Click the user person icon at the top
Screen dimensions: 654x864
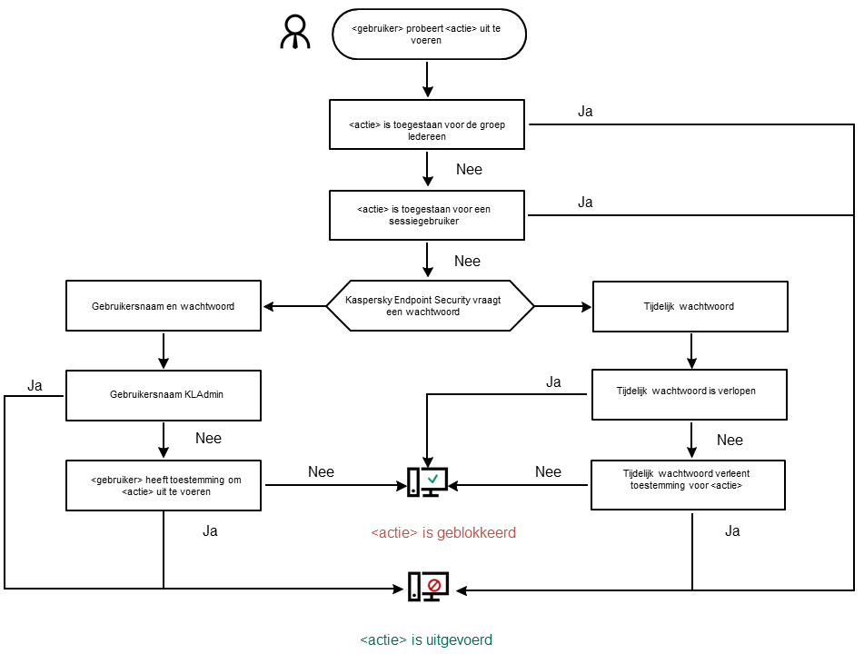pos(294,33)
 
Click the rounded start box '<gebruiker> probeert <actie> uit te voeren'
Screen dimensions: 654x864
pos(428,34)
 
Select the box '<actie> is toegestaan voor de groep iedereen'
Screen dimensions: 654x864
pos(426,124)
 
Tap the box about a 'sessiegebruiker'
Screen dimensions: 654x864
pos(426,215)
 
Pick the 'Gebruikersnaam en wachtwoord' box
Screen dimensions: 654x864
pos(164,306)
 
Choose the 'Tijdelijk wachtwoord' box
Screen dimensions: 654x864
pos(690,306)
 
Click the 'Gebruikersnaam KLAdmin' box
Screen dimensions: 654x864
pos(164,395)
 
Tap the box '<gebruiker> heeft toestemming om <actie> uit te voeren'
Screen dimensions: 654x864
pos(164,485)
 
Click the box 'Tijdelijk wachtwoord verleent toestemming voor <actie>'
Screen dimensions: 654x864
pos(688,485)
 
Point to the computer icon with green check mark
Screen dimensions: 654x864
pos(427,482)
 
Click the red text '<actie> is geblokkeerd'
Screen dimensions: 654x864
pos(443,532)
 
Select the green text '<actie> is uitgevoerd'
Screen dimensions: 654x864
pos(426,639)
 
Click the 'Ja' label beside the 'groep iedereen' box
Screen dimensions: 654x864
pos(585,112)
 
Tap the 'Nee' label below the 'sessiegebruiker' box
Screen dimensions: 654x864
pos(467,261)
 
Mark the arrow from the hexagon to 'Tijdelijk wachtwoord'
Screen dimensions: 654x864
pos(563,306)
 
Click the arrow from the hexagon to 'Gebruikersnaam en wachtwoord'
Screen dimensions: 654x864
pos(293,306)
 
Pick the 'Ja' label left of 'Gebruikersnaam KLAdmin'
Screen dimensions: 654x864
pos(35,385)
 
